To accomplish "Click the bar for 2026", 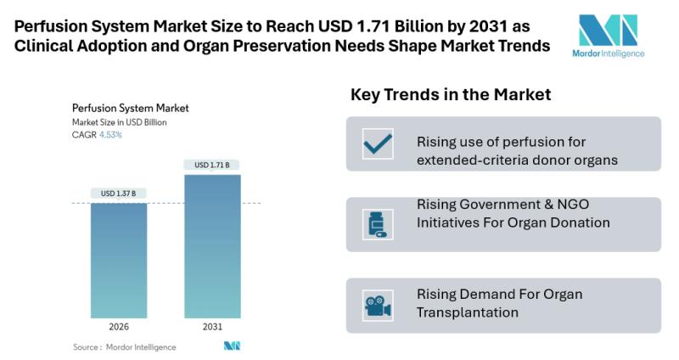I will click(x=119, y=260).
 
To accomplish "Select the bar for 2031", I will click(x=212, y=246).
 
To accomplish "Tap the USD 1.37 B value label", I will click(x=119, y=194).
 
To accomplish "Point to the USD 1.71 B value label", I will click(x=212, y=165).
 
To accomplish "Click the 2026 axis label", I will click(x=119, y=327).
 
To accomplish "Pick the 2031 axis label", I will click(x=212, y=327).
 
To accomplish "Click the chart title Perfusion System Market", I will click(x=130, y=108).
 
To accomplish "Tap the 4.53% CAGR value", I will click(x=109, y=134).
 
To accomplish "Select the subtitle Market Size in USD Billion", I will click(x=119, y=121).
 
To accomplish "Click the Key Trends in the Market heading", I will click(x=451, y=95).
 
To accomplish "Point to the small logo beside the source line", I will click(x=232, y=346).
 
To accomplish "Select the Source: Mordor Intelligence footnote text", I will click(x=125, y=346).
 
